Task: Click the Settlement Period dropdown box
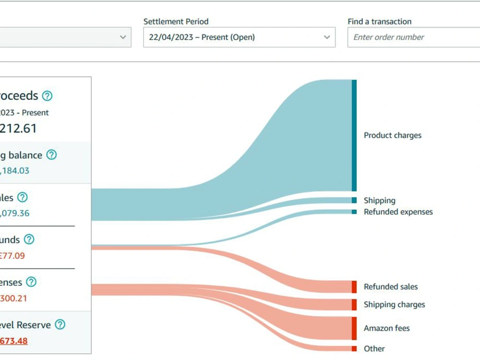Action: [x=239, y=37]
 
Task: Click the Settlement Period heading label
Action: [x=176, y=22]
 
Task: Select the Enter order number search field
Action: [x=413, y=37]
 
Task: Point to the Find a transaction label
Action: [x=379, y=22]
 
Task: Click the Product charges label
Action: [x=392, y=135]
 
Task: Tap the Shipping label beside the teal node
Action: [x=379, y=201]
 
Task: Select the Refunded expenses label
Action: [x=398, y=212]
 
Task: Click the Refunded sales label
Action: [x=391, y=287]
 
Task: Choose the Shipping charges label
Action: [x=394, y=304]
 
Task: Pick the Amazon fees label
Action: [x=386, y=328]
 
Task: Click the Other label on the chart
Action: [x=374, y=348]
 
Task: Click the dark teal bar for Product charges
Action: [x=354, y=135]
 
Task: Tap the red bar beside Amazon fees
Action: [x=354, y=328]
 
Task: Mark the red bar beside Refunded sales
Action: [x=354, y=287]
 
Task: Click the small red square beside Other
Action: [x=354, y=348]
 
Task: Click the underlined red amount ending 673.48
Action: [x=13, y=341]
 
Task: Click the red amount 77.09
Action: [x=12, y=256]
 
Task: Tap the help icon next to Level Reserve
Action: [x=60, y=325]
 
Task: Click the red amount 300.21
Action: [x=13, y=299]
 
